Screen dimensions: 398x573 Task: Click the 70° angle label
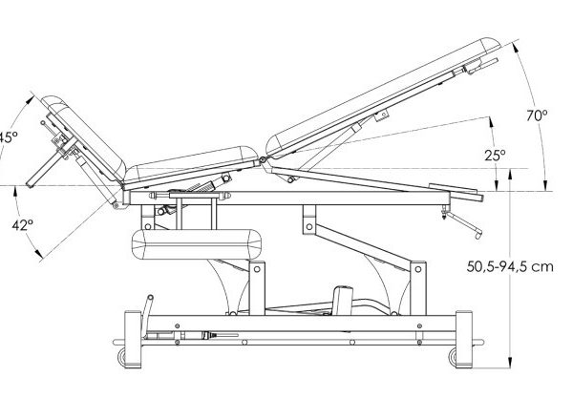[538, 115]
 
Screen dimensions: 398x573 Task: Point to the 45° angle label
[8, 136]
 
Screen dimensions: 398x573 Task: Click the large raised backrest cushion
[382, 94]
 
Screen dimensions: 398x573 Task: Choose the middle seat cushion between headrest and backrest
[191, 165]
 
